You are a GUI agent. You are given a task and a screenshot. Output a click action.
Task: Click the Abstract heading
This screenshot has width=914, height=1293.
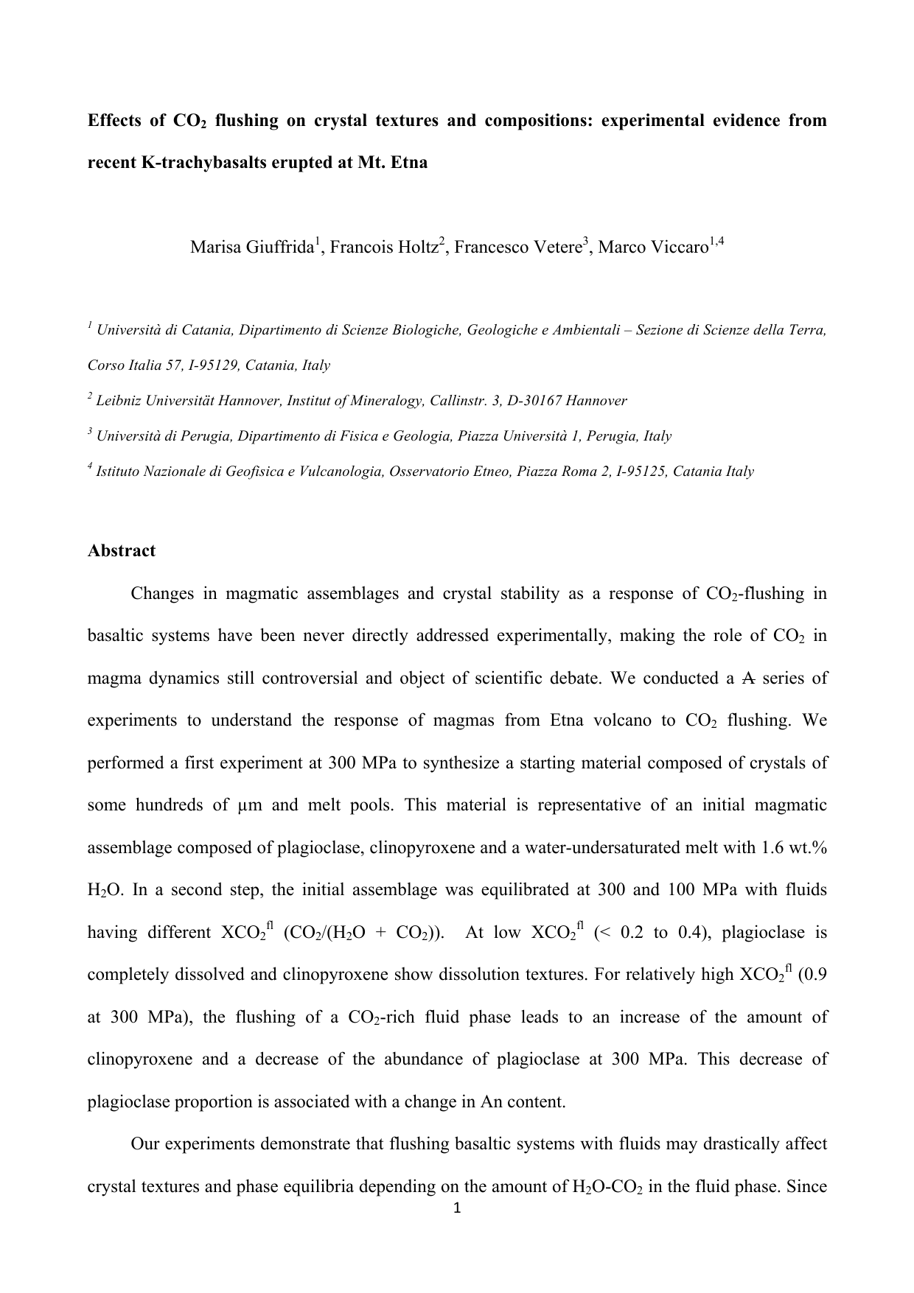pos(122,551)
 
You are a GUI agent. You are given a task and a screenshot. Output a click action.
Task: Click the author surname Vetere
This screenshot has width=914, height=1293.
pos(555,247)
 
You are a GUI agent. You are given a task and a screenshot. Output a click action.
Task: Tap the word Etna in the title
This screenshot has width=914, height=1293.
pos(410,162)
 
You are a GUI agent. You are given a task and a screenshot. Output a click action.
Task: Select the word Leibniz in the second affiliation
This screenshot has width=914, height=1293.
pos(118,401)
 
